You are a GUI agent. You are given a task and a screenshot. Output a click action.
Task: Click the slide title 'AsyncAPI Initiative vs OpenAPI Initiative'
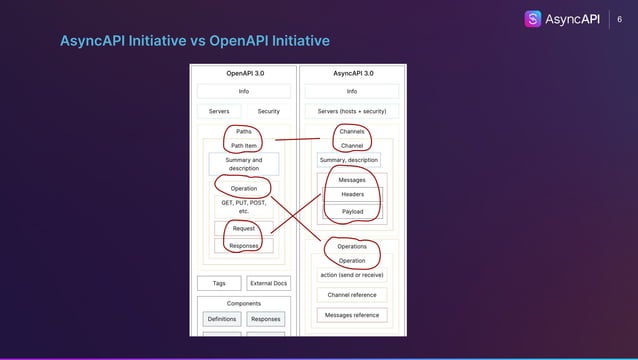[x=195, y=41]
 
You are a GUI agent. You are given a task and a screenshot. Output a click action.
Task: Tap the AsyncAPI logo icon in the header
[x=534, y=19]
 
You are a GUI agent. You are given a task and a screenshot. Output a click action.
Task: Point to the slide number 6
[x=619, y=19]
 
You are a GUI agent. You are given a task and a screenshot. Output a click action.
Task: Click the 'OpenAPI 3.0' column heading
[x=243, y=73]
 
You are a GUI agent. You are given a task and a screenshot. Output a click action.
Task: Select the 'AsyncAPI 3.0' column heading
[x=352, y=73]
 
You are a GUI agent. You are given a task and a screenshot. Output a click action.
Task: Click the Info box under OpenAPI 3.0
[x=243, y=91]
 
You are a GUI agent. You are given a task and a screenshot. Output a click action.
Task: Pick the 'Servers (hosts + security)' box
[x=352, y=111]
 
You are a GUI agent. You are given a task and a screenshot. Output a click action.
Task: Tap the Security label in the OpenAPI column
[x=268, y=111]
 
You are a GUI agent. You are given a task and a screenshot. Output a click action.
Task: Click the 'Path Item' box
[x=244, y=146]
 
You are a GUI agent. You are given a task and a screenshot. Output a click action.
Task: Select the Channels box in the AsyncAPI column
[x=352, y=131]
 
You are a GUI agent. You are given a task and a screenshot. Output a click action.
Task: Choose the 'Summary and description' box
[x=243, y=164]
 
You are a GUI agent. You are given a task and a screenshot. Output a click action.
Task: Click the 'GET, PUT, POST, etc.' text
[x=243, y=207]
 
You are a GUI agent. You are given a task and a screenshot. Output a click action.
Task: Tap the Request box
[x=243, y=229]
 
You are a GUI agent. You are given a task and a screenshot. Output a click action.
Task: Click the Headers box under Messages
[x=352, y=194]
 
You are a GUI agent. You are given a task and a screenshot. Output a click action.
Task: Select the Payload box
[x=352, y=211]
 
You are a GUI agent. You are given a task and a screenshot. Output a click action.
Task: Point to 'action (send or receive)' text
[x=352, y=275]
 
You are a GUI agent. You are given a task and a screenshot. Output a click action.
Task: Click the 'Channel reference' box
[x=352, y=295]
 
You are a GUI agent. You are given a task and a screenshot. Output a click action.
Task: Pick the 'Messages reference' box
[x=352, y=315]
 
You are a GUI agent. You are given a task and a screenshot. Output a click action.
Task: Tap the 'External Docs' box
[x=268, y=283]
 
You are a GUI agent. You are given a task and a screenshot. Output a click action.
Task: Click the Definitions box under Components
[x=222, y=319]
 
